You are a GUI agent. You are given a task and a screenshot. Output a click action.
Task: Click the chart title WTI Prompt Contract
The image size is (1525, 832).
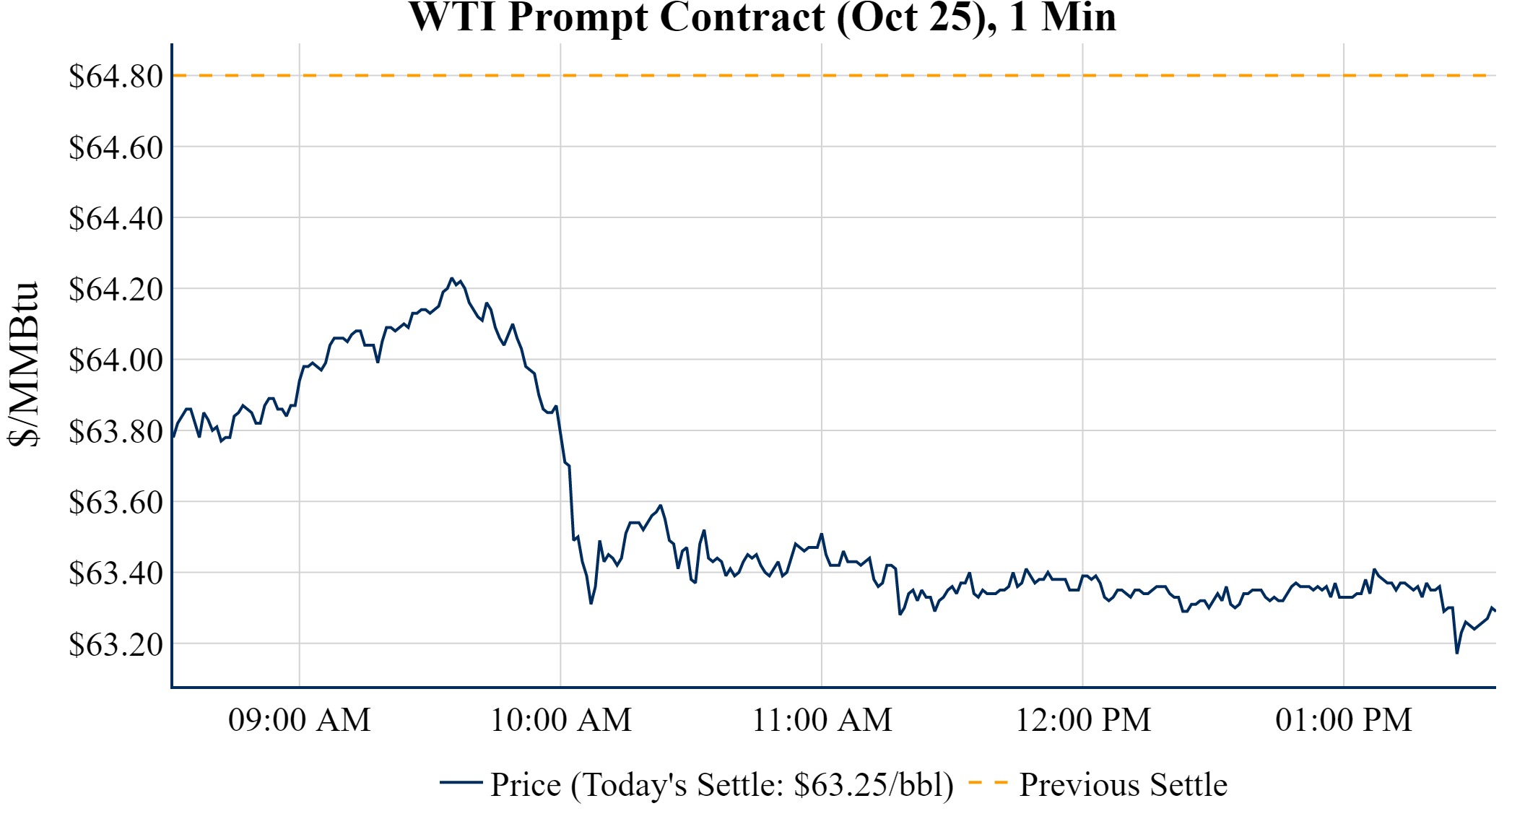click(762, 17)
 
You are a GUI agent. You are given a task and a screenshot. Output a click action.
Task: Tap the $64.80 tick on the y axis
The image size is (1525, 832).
click(116, 76)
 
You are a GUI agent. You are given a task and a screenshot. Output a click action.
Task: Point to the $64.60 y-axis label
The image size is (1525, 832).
click(116, 147)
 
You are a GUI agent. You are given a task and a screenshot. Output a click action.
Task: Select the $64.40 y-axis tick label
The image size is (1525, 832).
click(116, 218)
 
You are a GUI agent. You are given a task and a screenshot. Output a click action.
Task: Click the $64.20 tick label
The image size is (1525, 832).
click(116, 289)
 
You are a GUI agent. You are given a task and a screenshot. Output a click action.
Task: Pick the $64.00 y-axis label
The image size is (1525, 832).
click(116, 360)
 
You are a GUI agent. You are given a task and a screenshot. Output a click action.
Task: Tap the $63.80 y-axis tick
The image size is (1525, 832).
click(116, 431)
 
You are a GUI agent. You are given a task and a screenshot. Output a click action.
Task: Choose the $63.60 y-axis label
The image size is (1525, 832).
click(116, 502)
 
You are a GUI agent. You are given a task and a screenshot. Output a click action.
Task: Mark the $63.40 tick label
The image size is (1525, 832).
click(116, 573)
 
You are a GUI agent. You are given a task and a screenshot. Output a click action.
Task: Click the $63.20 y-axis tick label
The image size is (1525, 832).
click(116, 644)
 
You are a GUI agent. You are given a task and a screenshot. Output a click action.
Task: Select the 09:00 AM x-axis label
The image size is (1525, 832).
click(300, 720)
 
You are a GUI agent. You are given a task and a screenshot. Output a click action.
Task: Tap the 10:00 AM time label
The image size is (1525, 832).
click(561, 720)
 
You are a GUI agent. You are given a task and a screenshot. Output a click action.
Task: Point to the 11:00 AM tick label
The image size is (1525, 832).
click(822, 720)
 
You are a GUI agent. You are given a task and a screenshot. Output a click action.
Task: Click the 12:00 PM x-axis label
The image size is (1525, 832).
click(1083, 720)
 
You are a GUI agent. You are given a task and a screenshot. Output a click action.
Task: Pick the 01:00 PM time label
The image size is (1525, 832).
click(1344, 720)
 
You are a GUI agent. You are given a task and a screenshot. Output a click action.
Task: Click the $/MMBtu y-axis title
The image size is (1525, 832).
click(23, 364)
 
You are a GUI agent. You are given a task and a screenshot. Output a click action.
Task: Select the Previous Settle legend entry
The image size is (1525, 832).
click(1123, 784)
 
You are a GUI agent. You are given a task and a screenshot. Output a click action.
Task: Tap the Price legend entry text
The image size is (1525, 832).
click(721, 784)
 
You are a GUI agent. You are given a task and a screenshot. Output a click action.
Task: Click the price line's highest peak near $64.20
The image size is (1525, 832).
click(452, 279)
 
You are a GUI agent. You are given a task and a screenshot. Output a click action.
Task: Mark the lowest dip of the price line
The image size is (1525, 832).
click(1457, 652)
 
